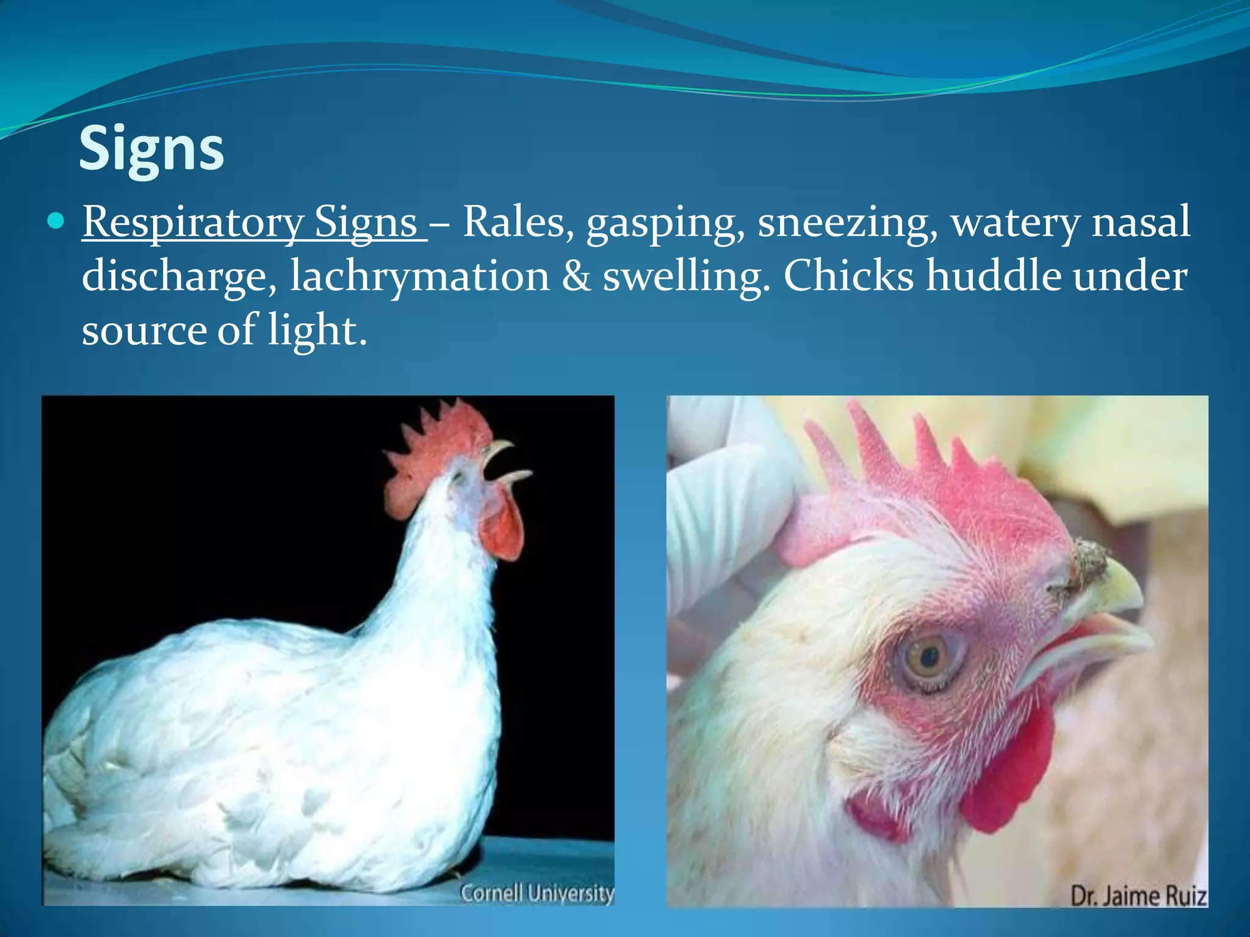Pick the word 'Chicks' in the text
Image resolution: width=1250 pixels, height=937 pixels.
pyautogui.click(x=848, y=276)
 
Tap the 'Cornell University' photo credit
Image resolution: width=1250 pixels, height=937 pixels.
pyautogui.click(x=537, y=893)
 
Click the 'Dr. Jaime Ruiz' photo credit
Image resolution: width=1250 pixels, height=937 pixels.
pyautogui.click(x=1139, y=896)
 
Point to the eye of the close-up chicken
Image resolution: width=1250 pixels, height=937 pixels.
pyautogui.click(x=929, y=658)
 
